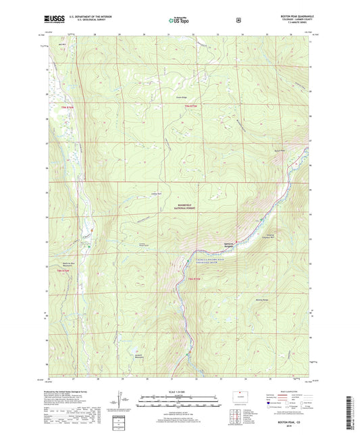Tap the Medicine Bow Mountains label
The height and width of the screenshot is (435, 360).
click(61, 265)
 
